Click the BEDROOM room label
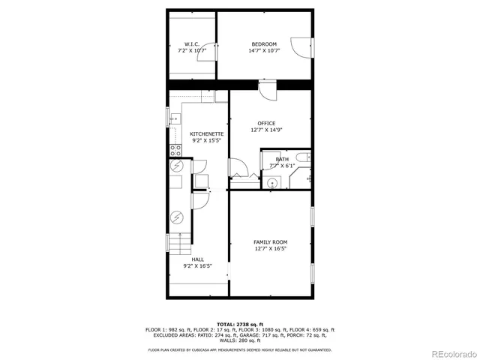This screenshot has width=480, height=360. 263,44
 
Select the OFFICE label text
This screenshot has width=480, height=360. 266,124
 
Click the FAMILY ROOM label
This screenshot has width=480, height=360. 271,241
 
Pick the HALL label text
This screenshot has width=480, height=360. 197,259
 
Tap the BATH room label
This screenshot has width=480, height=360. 282,159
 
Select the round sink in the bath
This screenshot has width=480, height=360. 274,181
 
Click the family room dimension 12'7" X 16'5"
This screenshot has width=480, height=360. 271,248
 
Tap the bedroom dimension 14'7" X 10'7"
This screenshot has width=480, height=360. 263,51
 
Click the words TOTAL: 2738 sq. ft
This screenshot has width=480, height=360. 240,322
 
